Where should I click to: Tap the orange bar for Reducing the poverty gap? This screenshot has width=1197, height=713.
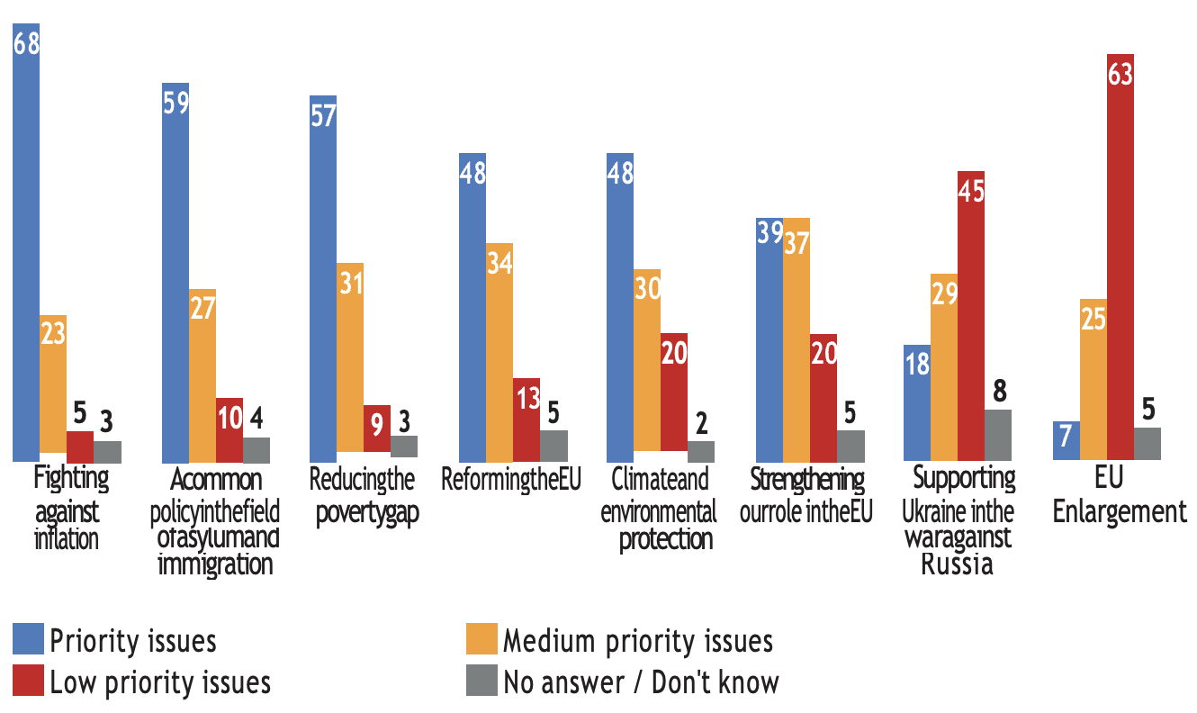pyautogui.click(x=350, y=360)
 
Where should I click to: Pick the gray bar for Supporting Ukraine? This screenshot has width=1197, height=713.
pyautogui.click(x=998, y=436)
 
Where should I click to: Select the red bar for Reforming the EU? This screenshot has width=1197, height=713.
pyautogui.click(x=526, y=420)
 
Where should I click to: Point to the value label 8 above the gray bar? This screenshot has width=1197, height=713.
pyautogui.click(x=999, y=393)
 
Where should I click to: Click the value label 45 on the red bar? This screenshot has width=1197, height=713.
pyautogui.click(x=971, y=193)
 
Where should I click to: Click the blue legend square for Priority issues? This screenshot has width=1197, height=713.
pyautogui.click(x=27, y=640)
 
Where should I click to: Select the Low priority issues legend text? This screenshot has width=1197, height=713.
pyautogui.click(x=160, y=682)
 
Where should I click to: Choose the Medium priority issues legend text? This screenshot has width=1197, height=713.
pyautogui.click(x=637, y=641)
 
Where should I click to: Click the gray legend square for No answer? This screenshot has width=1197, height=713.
pyautogui.click(x=480, y=681)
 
